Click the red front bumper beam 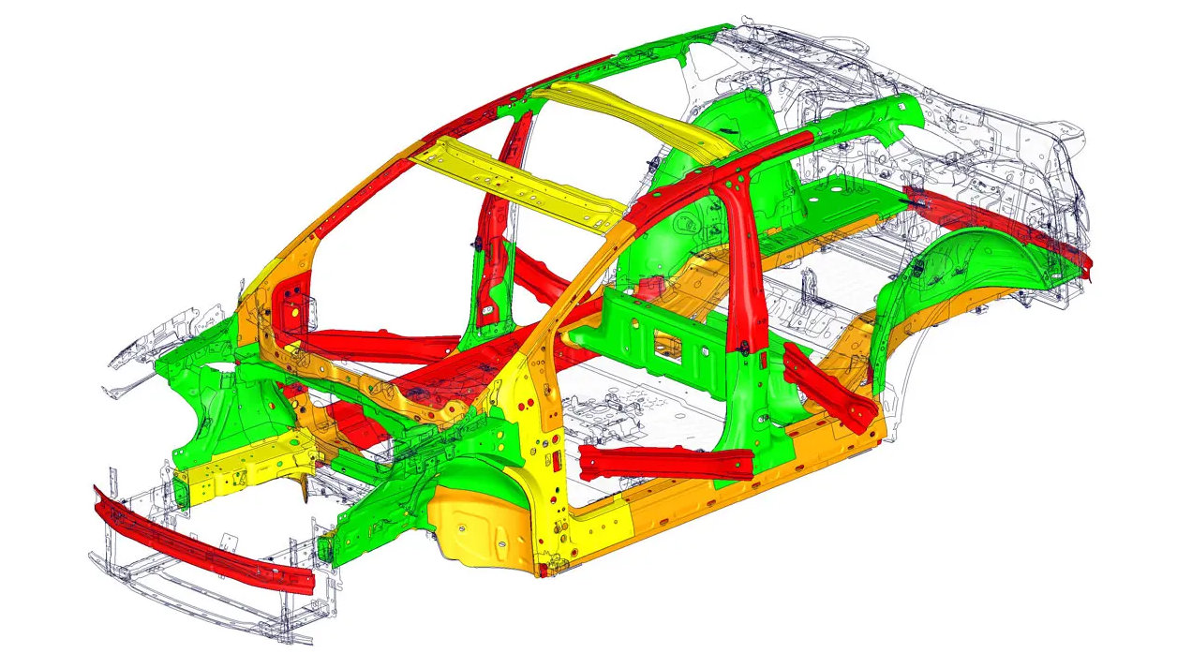click(201, 542)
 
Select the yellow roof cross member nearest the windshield click(525, 183)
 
